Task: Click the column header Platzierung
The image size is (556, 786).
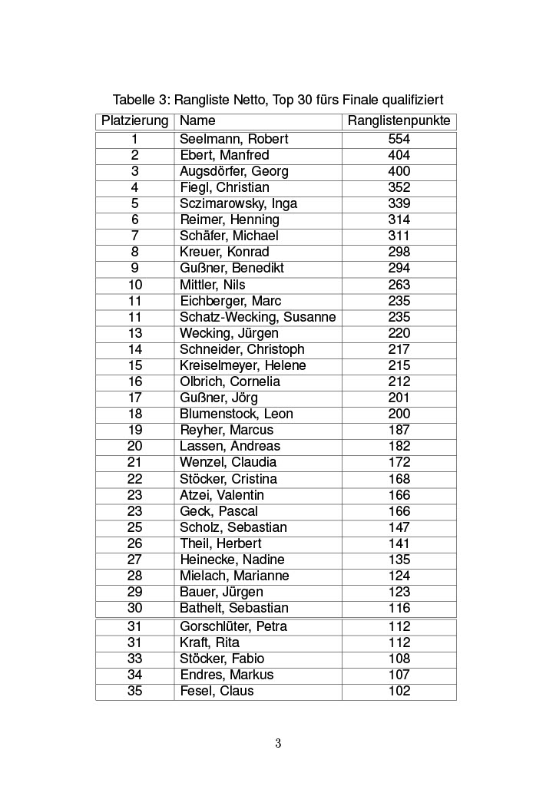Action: (x=134, y=121)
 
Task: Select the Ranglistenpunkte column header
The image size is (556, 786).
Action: (x=399, y=121)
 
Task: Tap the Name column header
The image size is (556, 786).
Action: (x=197, y=121)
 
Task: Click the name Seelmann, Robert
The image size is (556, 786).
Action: (x=233, y=139)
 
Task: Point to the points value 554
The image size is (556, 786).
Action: (x=399, y=139)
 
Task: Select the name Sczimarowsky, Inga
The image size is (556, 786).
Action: (x=238, y=203)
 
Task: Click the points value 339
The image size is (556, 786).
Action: (x=399, y=203)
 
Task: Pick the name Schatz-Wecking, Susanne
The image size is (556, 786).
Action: (x=257, y=317)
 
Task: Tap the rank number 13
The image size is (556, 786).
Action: (x=134, y=333)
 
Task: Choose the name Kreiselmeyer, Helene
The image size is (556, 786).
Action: (x=243, y=365)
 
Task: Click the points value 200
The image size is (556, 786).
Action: (x=399, y=414)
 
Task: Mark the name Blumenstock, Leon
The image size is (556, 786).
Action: (x=237, y=414)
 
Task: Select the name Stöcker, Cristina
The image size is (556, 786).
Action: (x=228, y=479)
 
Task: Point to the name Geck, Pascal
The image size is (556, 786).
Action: (x=218, y=511)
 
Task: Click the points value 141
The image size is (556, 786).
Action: (x=399, y=543)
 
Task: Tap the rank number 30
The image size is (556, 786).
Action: (x=134, y=608)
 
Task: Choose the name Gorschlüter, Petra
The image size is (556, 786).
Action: (x=233, y=626)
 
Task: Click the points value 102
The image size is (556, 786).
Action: (x=399, y=691)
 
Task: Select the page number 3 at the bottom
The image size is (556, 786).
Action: (x=278, y=743)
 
